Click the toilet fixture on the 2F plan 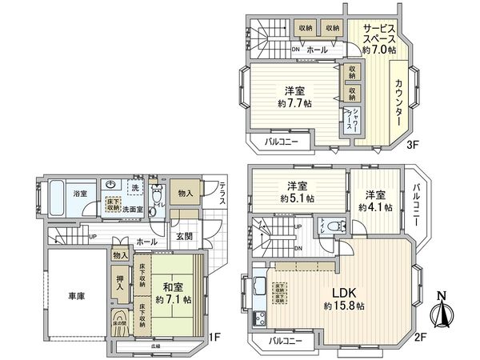(325, 223)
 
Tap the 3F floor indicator (413, 145)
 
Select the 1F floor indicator (214, 338)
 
